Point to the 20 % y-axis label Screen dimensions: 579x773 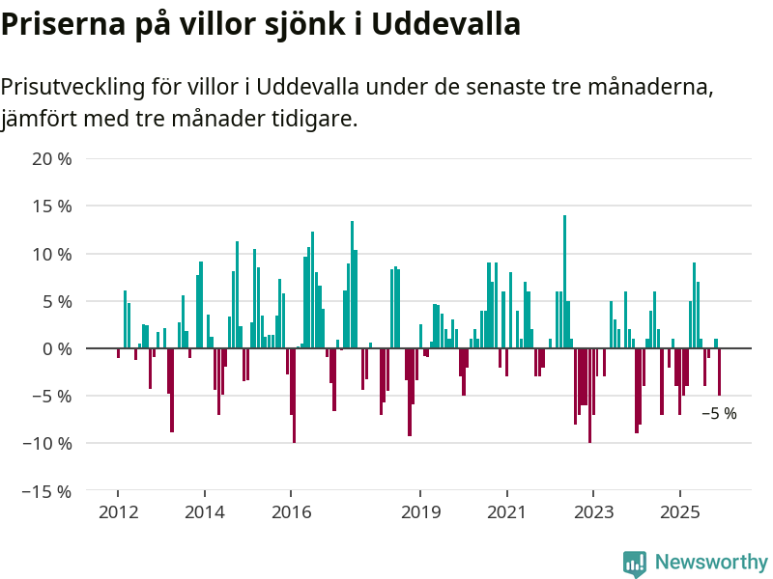point(52,158)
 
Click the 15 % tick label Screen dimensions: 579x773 point(52,206)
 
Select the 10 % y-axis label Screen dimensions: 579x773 point(52,254)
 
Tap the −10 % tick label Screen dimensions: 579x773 point(46,443)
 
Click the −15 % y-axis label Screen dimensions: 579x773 point(46,491)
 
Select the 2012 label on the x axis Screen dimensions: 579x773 point(118,511)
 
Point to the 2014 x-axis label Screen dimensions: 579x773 point(204,511)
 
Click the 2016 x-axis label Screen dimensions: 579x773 point(291,511)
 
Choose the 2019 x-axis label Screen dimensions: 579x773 point(420,511)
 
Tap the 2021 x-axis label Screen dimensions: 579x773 point(507,511)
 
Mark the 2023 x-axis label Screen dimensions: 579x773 point(593,511)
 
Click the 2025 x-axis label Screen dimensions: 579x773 point(680,511)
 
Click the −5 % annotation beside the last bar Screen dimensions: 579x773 point(719,414)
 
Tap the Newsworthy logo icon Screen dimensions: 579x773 point(635,564)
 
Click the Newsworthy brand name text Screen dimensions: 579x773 point(711,562)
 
